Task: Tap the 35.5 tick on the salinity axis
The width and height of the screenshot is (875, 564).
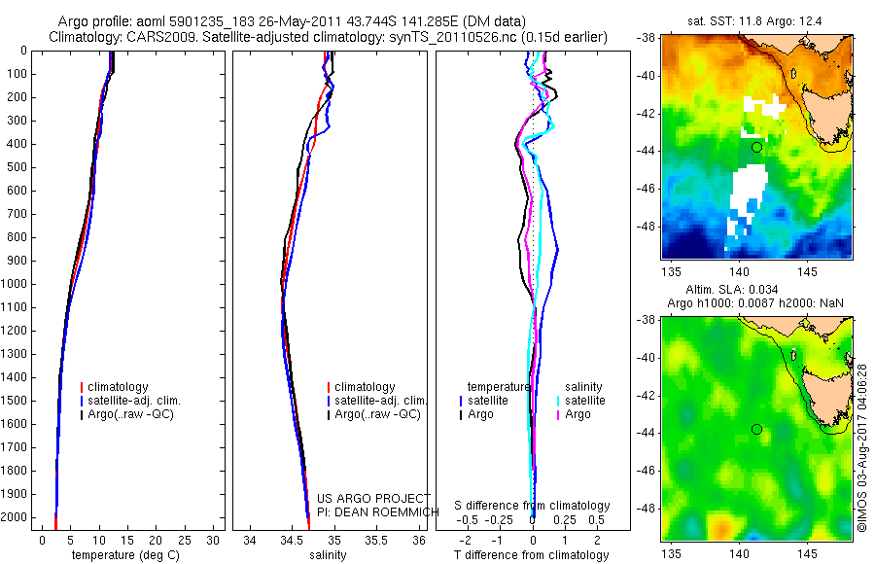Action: click(x=376, y=540)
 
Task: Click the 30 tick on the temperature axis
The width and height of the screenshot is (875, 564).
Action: click(x=214, y=540)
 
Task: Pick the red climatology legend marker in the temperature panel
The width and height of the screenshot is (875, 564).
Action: click(x=84, y=387)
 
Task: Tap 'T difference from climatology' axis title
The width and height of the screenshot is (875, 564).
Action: click(x=533, y=555)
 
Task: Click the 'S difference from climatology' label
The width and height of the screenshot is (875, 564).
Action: click(x=533, y=507)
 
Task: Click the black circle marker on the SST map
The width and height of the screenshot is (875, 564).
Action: click(x=756, y=147)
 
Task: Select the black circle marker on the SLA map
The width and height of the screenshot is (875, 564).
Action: click(x=756, y=429)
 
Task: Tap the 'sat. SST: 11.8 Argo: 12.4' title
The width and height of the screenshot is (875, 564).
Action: click(x=757, y=19)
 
